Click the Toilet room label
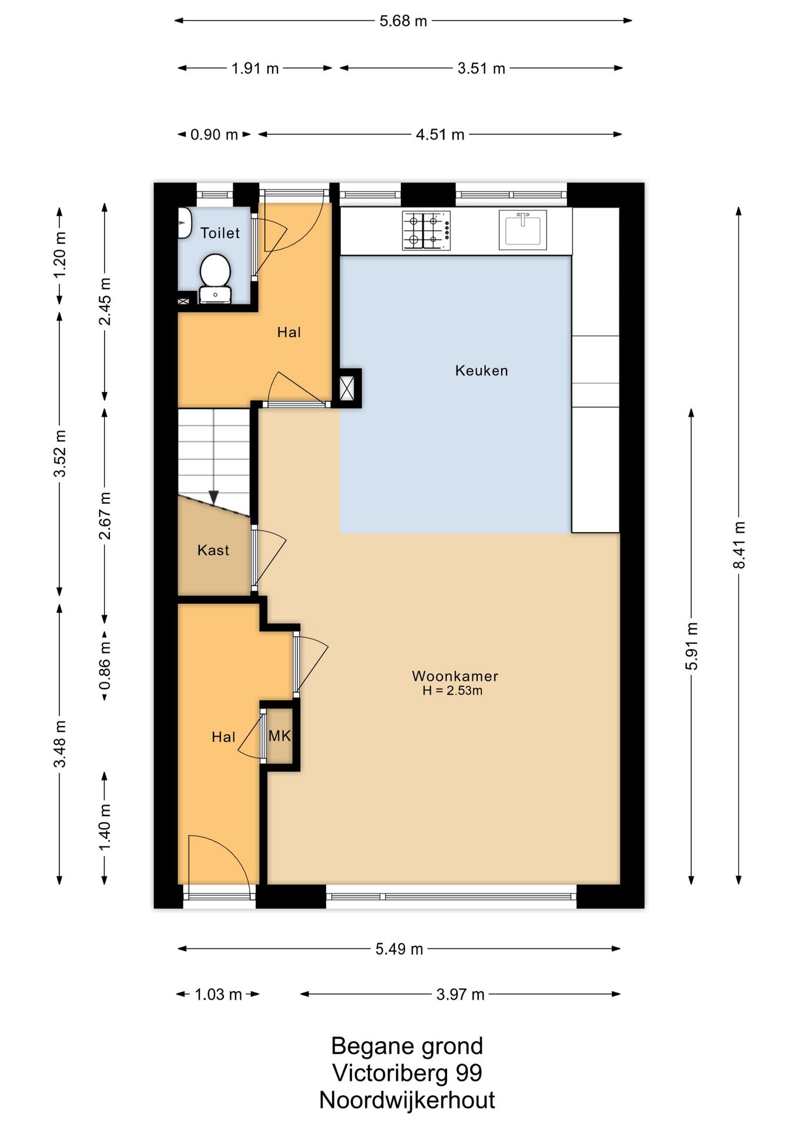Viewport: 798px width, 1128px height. pos(220,233)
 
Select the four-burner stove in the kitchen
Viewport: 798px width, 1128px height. pos(426,230)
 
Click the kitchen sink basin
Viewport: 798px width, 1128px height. pos(522,229)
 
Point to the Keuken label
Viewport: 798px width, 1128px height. pos(481,371)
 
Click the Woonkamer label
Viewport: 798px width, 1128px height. pos(455,676)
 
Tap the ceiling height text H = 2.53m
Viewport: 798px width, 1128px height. pos(452,691)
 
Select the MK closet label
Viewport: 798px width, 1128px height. pos(280,736)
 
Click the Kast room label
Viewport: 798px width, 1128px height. pos(213,550)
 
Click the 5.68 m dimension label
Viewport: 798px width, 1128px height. pos(403,21)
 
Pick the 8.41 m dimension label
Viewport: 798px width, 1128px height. pos(739,545)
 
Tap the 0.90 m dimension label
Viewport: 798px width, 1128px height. pos(214,135)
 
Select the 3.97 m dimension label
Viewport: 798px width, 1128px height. pos(460,994)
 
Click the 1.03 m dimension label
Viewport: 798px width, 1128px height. pos(218,994)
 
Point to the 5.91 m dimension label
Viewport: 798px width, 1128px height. pos(692,646)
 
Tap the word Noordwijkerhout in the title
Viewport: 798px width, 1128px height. pos(407,1100)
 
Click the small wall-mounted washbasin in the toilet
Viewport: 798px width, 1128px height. pos(185,223)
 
